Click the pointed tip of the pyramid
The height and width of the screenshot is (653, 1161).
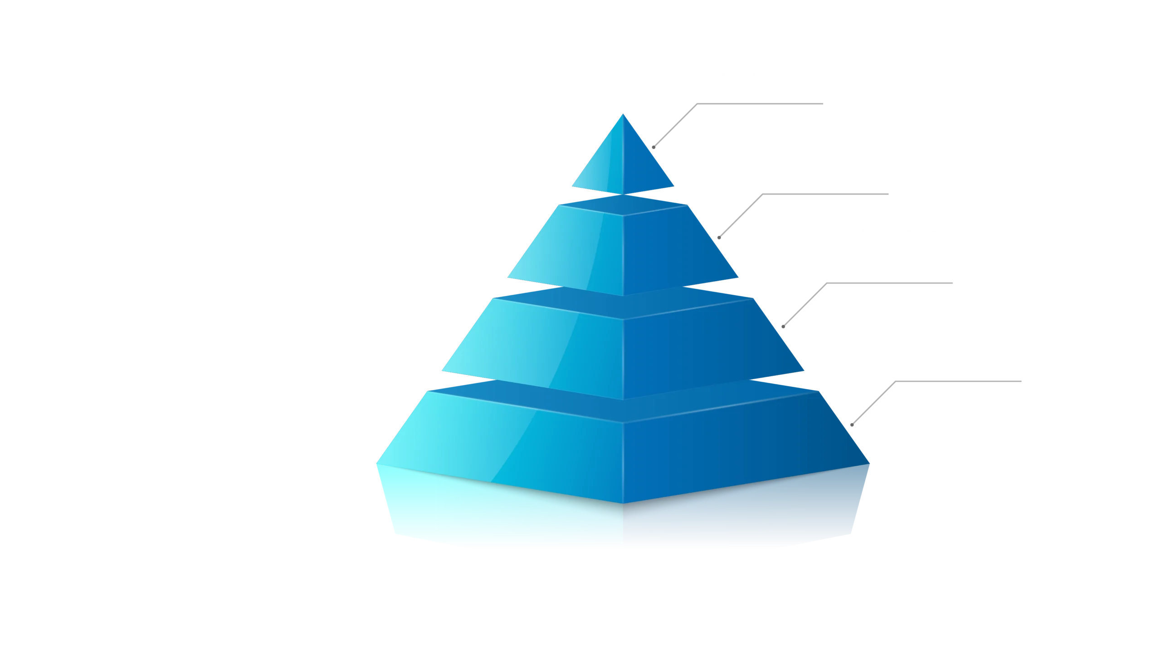tap(623, 115)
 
